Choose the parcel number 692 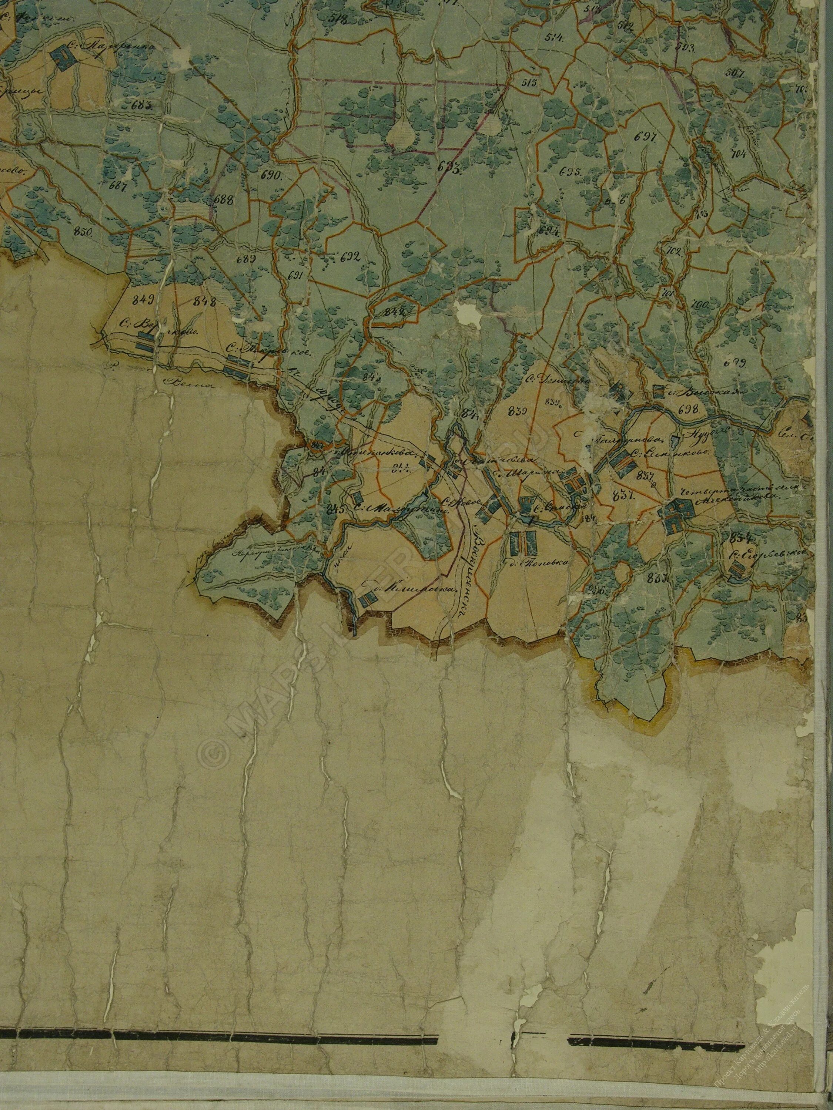coord(350,258)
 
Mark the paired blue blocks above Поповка coord(523,541)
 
